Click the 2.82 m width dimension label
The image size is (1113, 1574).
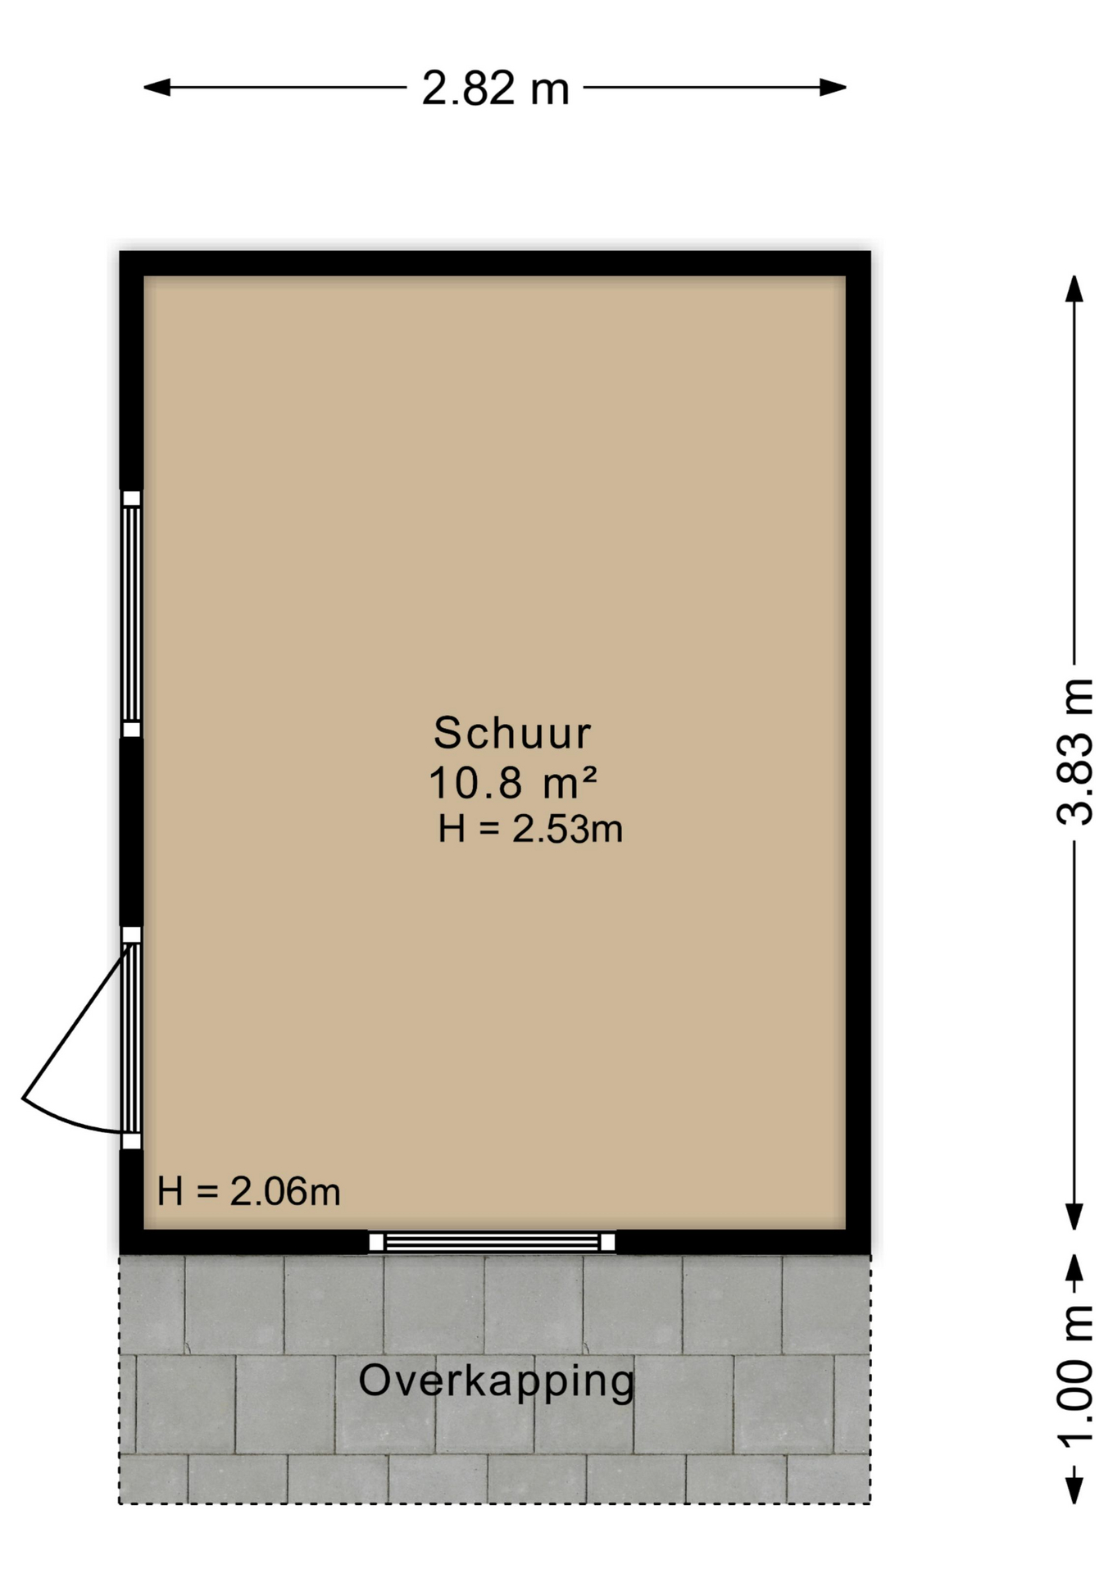click(x=495, y=89)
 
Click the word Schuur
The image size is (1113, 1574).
click(x=512, y=733)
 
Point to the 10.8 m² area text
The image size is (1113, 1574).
click(x=512, y=782)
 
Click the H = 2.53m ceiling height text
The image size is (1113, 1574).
click(x=530, y=829)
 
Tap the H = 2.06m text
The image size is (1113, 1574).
click(x=248, y=1191)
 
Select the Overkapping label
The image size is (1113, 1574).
click(x=497, y=1381)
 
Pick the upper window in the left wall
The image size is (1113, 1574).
click(x=131, y=614)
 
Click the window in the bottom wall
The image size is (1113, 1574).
click(x=492, y=1242)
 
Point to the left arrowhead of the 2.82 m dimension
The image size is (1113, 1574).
click(x=157, y=87)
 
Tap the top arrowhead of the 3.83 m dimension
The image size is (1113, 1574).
click(x=1074, y=289)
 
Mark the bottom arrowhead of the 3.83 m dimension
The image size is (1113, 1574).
click(x=1074, y=1217)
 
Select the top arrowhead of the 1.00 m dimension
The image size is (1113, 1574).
click(x=1074, y=1267)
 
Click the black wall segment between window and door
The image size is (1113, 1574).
click(x=131, y=832)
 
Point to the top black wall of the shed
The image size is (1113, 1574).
click(x=495, y=263)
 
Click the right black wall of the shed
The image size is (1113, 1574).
click(x=858, y=753)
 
